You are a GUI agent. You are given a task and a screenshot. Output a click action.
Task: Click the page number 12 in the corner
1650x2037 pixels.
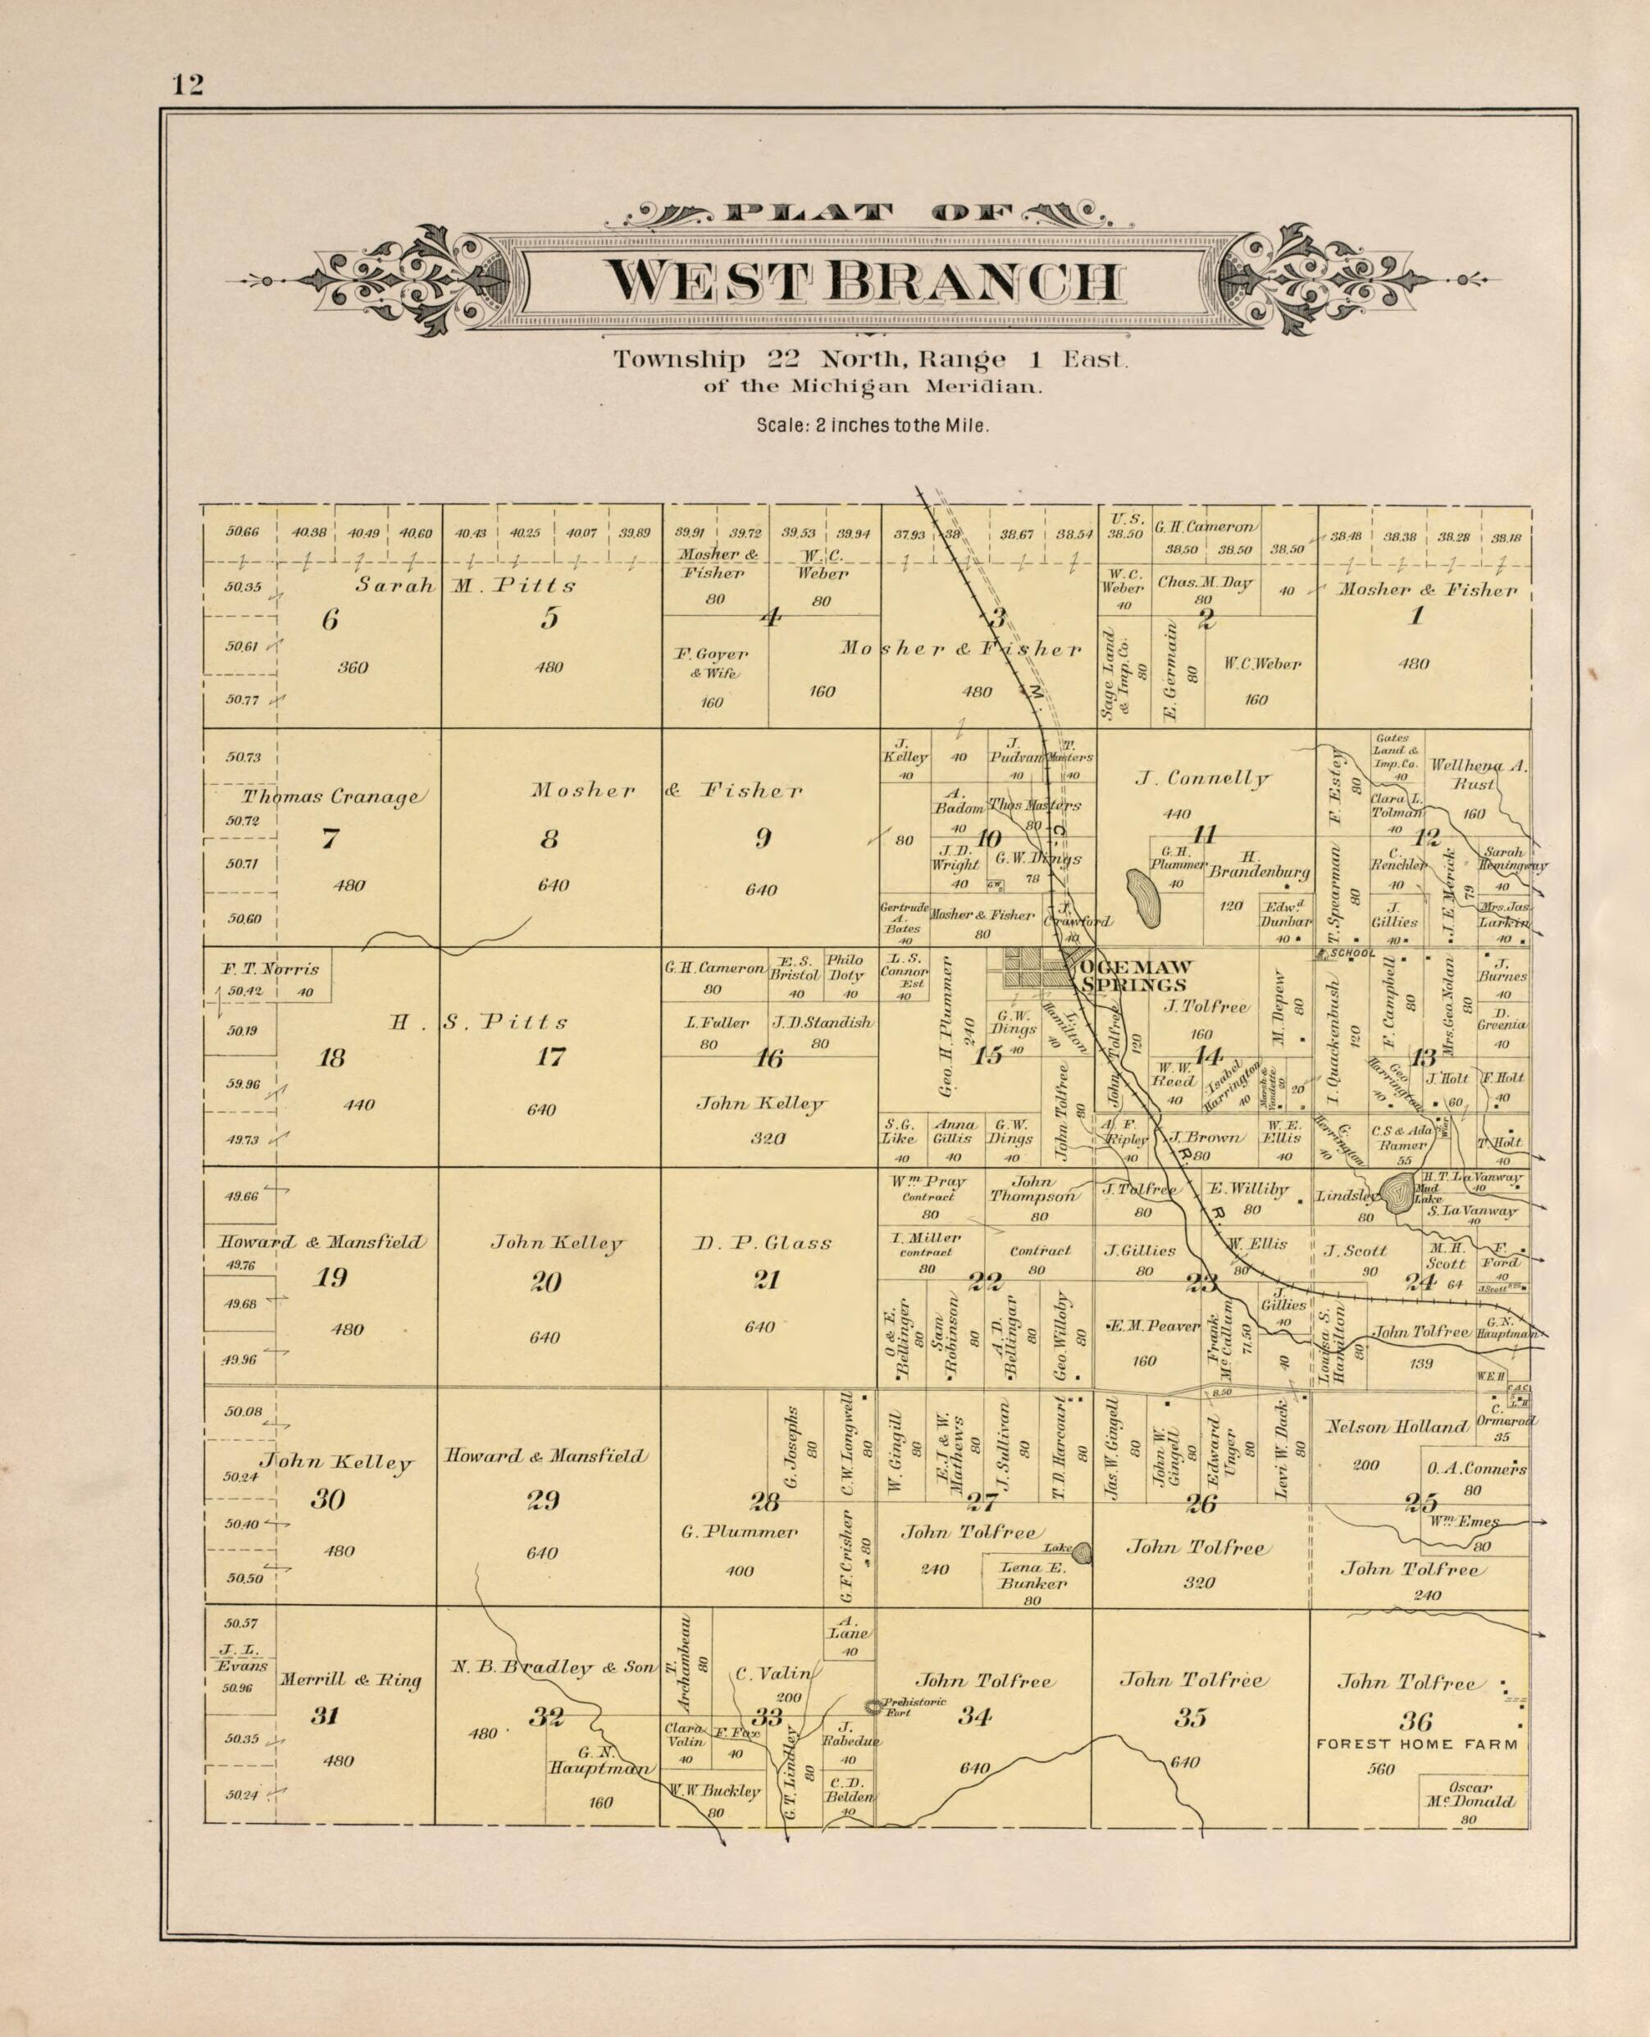click(187, 85)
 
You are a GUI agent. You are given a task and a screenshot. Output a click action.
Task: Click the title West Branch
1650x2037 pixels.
click(864, 281)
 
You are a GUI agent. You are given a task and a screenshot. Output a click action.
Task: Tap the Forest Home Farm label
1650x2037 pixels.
click(1416, 1744)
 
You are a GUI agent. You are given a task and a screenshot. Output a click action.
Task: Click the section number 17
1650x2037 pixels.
click(551, 1057)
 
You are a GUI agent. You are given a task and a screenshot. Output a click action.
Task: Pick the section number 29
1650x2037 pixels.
click(543, 1501)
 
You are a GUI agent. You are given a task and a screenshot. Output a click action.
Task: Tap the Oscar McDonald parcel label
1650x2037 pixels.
click(1469, 1794)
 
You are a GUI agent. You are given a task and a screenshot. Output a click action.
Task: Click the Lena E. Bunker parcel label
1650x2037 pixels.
click(1032, 1576)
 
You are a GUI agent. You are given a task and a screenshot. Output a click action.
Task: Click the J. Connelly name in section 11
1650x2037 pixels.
click(1202, 779)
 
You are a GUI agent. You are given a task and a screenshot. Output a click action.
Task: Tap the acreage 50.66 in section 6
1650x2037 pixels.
click(240, 533)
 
